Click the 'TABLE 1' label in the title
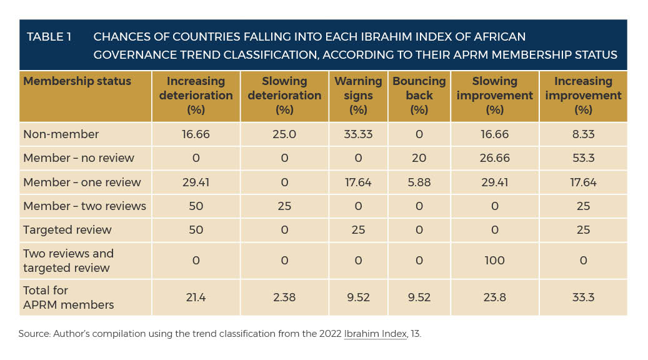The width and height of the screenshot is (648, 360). pos(49,37)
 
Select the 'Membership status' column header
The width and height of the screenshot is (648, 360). pos(77,81)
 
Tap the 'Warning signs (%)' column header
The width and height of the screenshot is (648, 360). pos(358,96)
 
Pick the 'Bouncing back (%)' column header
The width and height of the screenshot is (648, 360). pos(419,96)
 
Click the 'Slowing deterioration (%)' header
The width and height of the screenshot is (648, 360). pos(284,96)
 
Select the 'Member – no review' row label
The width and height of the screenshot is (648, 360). pos(79,158)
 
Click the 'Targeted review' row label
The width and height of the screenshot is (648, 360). pos(67,229)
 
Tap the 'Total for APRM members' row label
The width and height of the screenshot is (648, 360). pos(68,297)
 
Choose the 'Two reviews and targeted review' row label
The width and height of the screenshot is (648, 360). pos(68,261)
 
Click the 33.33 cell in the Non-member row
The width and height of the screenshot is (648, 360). pos(358,134)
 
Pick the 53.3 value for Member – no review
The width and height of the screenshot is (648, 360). pos(583,158)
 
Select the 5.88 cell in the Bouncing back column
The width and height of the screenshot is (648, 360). pos(419,182)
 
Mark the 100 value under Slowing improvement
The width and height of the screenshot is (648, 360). pos(494,261)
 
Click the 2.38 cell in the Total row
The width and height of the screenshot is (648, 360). pos(284,297)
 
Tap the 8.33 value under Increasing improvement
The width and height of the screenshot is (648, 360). pos(583,134)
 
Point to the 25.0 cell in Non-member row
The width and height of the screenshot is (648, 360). pos(284,134)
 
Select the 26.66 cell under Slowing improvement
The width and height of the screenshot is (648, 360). pos(494,158)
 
